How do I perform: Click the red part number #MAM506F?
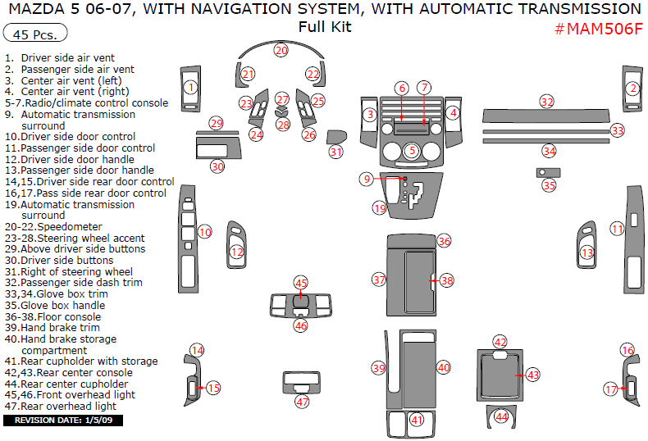point(598,29)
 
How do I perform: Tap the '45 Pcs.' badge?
point(35,35)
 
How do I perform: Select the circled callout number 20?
point(281,50)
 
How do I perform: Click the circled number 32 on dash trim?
point(547,102)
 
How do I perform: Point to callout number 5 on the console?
point(412,150)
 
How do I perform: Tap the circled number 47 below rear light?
point(303,402)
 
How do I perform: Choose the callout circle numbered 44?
point(501,416)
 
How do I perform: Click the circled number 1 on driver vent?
point(190,87)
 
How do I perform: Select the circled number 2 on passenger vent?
point(632,88)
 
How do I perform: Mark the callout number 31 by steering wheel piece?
point(335,152)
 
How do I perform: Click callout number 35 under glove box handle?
point(549,185)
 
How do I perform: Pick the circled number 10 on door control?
point(205,232)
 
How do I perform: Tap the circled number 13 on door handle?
point(586,253)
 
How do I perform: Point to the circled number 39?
point(378,369)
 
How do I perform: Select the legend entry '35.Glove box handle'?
point(56,305)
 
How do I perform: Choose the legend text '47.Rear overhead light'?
point(59,406)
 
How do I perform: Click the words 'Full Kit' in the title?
point(325,26)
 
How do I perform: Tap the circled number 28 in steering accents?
point(283,125)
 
